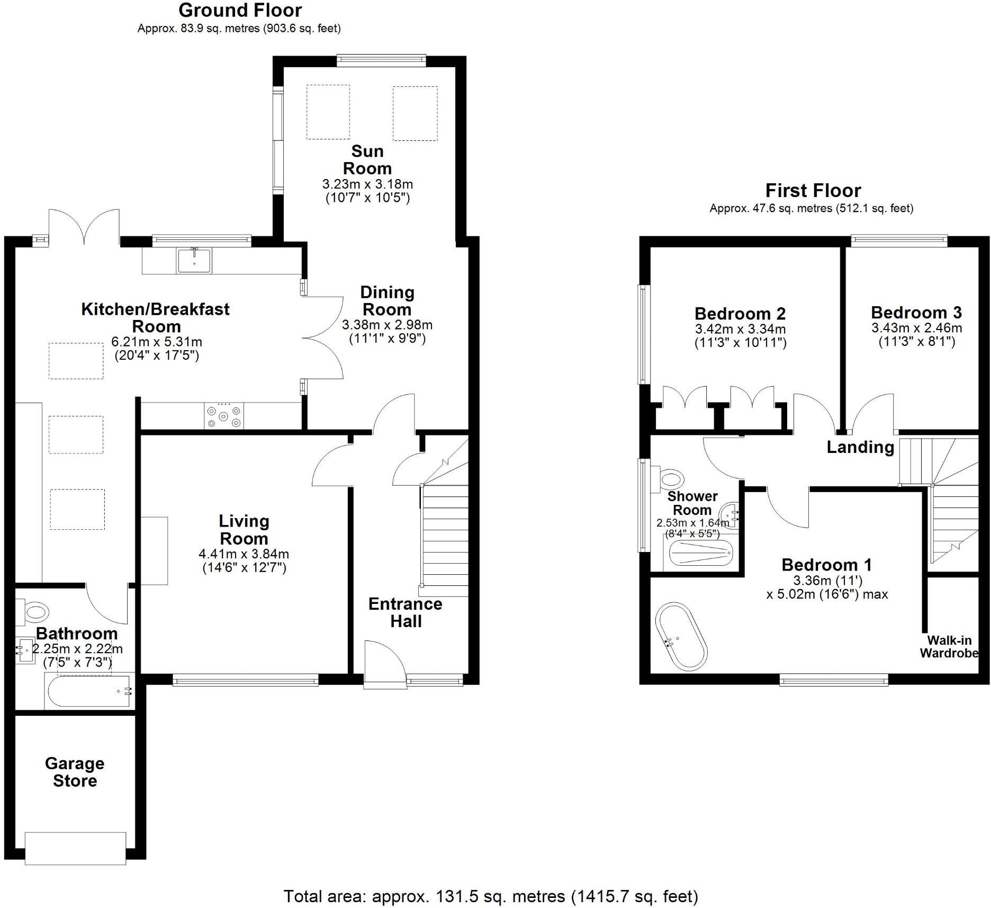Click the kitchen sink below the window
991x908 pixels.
194,260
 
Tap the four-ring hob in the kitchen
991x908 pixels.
224,416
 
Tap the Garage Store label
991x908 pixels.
75,772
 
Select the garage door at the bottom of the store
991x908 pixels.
76,848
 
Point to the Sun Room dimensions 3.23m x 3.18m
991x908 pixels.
367,184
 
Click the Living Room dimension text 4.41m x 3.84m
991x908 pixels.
244,554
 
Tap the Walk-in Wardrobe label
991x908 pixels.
948,647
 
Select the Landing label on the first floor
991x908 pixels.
860,447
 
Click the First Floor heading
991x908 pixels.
813,190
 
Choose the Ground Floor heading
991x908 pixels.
240,10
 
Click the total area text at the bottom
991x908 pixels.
491,896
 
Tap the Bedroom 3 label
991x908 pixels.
916,312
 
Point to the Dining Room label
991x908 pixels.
387,300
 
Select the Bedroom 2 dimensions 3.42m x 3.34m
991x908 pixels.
740,329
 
